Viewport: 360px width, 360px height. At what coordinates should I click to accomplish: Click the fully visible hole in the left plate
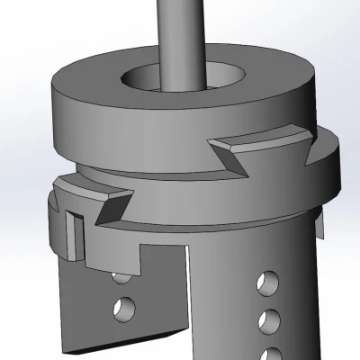point(122,310)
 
